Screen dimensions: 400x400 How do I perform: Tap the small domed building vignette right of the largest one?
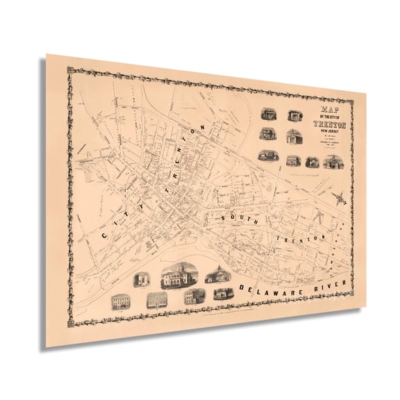tap(216, 274)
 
